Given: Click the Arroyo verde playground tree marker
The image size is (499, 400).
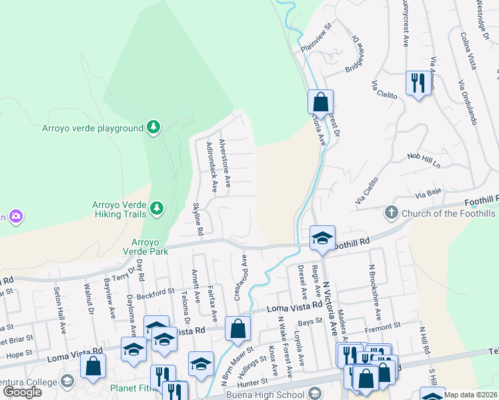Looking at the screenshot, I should pos(153,127).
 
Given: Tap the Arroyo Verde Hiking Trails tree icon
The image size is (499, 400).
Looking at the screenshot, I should pos(157,209).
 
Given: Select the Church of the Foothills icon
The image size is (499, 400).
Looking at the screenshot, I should pos(392,213).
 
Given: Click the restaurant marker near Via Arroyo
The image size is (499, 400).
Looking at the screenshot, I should pos(418,83).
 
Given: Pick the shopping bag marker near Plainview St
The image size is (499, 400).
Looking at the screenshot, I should pos(320,103).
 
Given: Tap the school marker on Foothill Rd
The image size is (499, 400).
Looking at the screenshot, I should pos(322,239).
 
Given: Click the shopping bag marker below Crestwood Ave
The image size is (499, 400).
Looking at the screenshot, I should pos(237,329).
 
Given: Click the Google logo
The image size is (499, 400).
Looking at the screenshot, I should pos(22,392).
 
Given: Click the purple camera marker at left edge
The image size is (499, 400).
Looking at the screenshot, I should pos(15,216).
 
